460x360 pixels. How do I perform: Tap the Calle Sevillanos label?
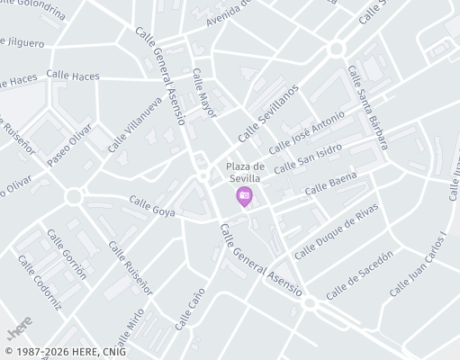point(267,113)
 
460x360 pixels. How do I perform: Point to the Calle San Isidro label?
point(311,160)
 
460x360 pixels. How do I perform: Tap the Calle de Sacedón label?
point(360,275)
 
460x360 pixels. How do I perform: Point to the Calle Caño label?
point(190,308)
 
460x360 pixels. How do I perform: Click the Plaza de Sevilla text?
point(244,172)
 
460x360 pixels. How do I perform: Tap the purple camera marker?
point(244,196)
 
